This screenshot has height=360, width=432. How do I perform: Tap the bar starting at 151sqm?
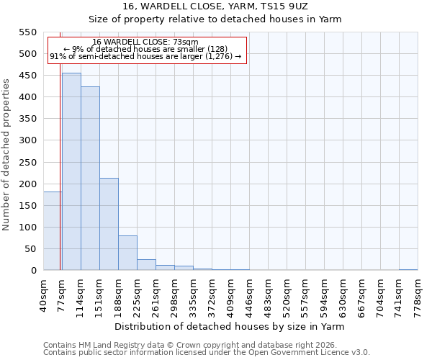[x=109, y=224]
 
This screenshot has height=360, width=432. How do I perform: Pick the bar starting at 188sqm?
[x=127, y=253]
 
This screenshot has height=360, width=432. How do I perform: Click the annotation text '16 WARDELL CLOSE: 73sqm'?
[x=145, y=42]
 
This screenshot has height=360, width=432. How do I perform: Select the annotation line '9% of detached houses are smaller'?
[x=145, y=49]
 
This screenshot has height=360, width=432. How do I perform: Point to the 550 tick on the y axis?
[x=27, y=32]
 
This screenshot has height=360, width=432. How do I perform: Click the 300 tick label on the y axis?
[x=27, y=140]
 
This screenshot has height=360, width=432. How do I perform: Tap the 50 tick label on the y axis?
[x=30, y=249]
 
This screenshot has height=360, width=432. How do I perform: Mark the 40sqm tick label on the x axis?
[x=43, y=293]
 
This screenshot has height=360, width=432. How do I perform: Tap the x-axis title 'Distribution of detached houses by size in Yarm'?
[x=230, y=326]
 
